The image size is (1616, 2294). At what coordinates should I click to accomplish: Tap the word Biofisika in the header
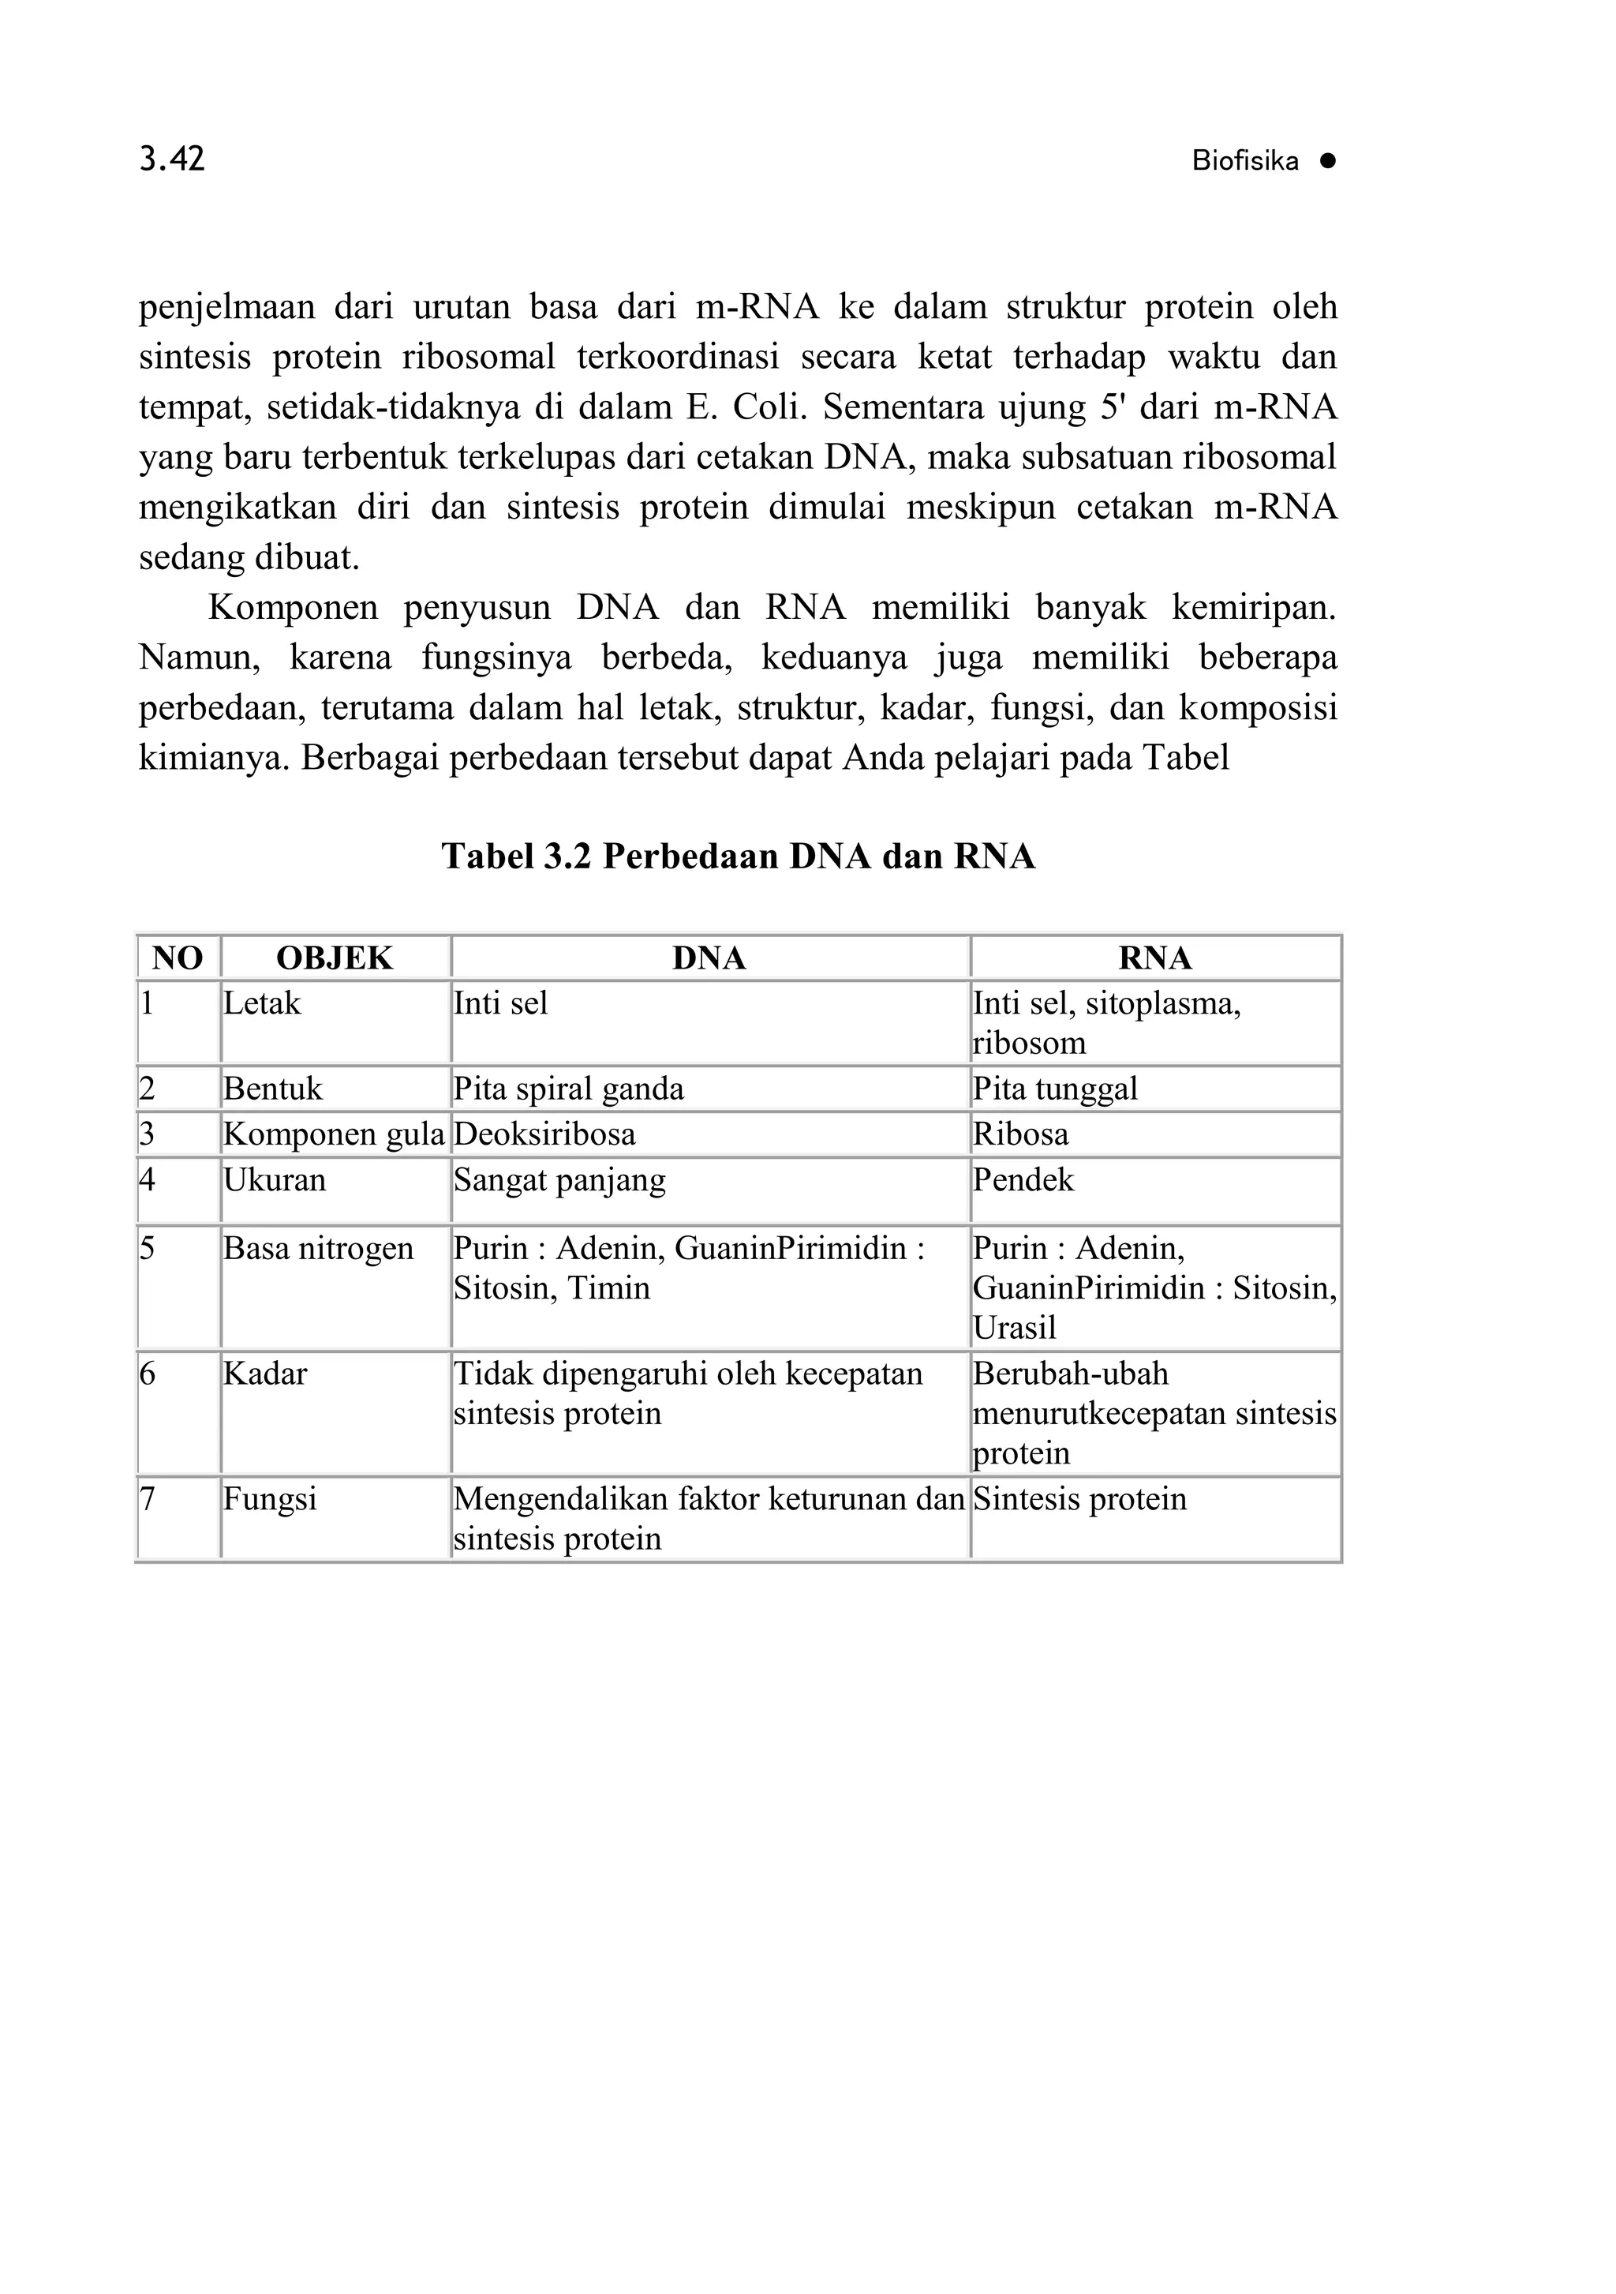coord(1244,162)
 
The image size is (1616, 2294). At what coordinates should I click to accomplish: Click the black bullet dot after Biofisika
coord(1326,161)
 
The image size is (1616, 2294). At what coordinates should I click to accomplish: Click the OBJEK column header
coord(335,958)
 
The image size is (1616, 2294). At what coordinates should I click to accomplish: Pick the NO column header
coord(178,958)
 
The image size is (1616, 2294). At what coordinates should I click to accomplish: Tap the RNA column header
coord(1154,958)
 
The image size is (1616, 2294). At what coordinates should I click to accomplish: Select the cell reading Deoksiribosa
coord(544,1134)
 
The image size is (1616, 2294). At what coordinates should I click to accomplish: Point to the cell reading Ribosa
coord(1021,1134)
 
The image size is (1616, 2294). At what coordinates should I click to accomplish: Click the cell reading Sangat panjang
coord(559,1180)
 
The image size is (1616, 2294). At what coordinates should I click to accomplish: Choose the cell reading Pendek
coord(1023,1180)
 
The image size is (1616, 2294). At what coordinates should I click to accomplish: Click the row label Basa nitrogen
coord(318,1248)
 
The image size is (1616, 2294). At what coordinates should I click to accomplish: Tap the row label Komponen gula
coord(334,1134)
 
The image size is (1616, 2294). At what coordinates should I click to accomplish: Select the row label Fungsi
coord(270,1499)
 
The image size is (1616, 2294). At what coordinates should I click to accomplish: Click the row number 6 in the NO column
coord(148,1374)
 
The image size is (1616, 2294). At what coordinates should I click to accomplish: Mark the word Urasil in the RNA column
coord(1014,1328)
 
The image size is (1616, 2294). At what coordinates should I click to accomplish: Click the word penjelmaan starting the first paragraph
coord(226,307)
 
